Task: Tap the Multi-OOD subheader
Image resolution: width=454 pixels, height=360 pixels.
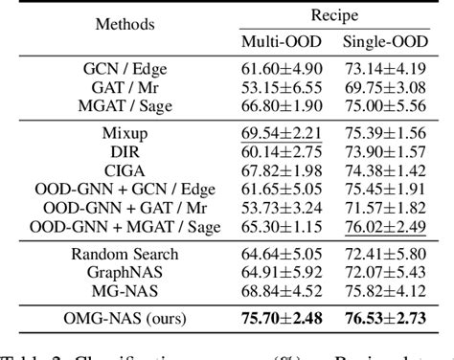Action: pos(274,43)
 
